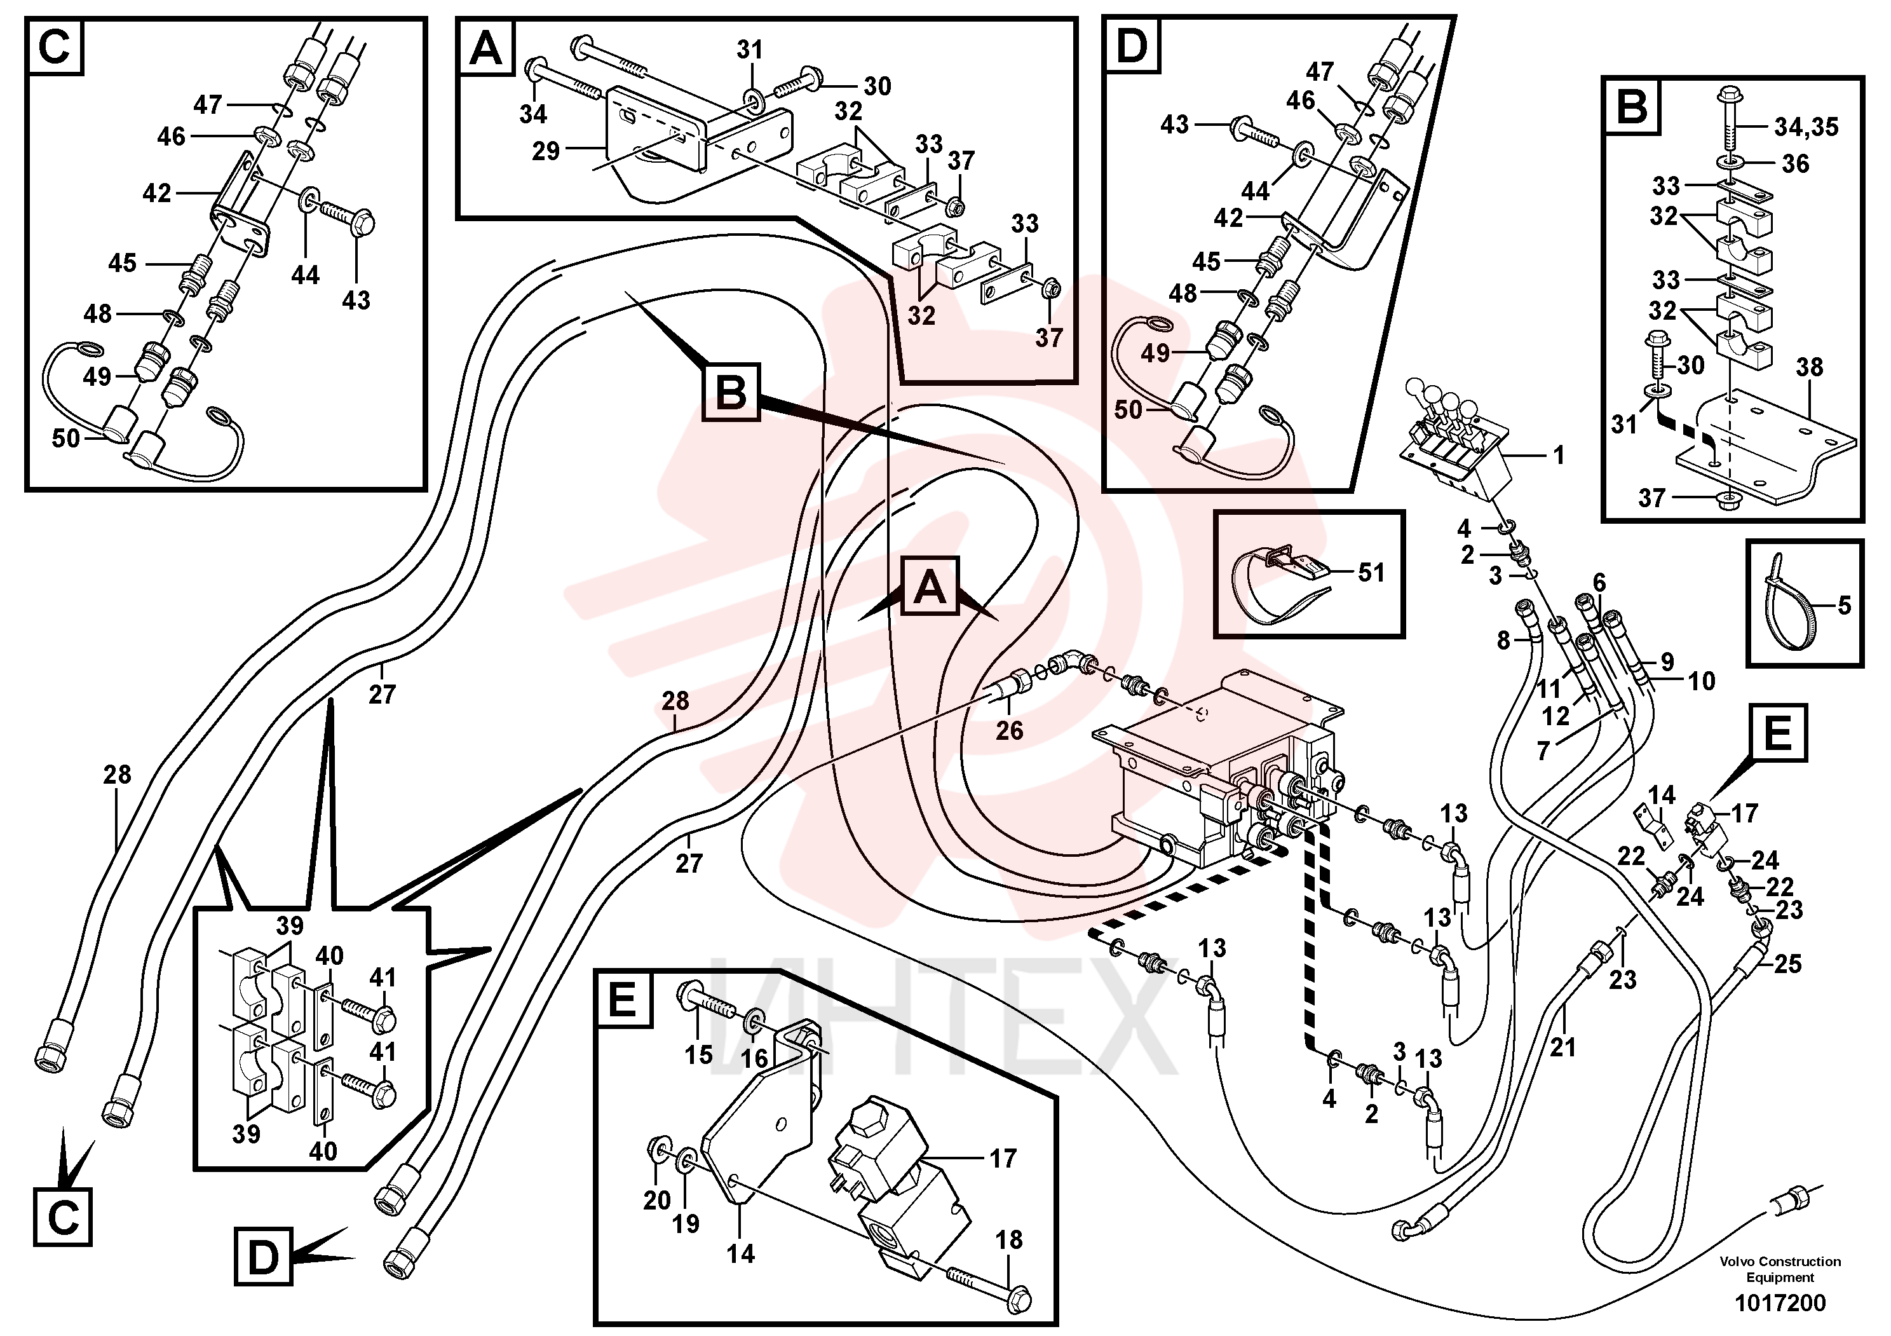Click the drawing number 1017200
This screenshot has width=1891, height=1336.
pyautogui.click(x=1780, y=1304)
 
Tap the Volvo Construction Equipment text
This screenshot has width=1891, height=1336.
pyautogui.click(x=1780, y=1269)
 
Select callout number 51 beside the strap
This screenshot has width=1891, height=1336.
pyautogui.click(x=1371, y=573)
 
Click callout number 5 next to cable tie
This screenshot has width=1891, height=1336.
pyautogui.click(x=1844, y=606)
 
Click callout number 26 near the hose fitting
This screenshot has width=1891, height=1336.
pyautogui.click(x=1009, y=730)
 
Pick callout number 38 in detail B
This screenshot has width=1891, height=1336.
pyautogui.click(x=1810, y=367)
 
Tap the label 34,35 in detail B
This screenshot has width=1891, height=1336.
pyautogui.click(x=1806, y=127)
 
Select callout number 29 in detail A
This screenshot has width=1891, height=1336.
pyautogui.click(x=545, y=151)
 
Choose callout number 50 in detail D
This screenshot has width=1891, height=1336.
pyautogui.click(x=1128, y=409)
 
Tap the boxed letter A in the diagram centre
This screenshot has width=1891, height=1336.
pyautogui.click(x=930, y=587)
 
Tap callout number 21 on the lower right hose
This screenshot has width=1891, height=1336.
pyautogui.click(x=1562, y=1047)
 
